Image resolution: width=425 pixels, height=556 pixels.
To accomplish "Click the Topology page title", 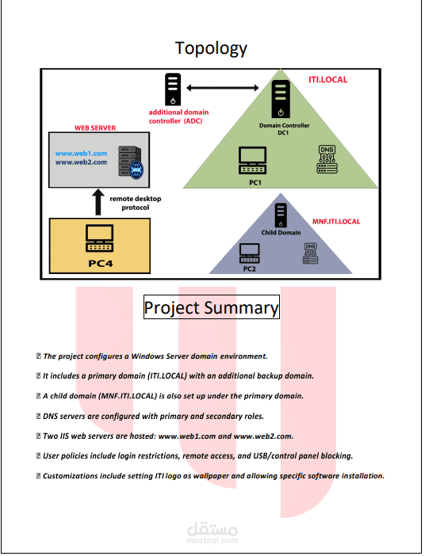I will click(211, 48).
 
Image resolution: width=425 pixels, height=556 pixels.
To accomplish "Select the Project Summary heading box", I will click(211, 307).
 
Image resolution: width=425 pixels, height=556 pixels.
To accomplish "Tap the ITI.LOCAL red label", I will click(327, 80).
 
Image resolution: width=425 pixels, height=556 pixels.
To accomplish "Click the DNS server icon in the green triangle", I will click(327, 159).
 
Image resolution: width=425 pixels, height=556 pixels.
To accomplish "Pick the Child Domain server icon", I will click(280, 215).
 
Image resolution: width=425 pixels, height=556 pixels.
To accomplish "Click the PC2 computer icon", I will click(250, 253).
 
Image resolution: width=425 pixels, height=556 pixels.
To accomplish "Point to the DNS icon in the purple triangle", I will click(310, 253).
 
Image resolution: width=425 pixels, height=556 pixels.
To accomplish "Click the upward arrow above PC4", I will click(97, 201).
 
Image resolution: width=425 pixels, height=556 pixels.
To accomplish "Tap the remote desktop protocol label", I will click(135, 203).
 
